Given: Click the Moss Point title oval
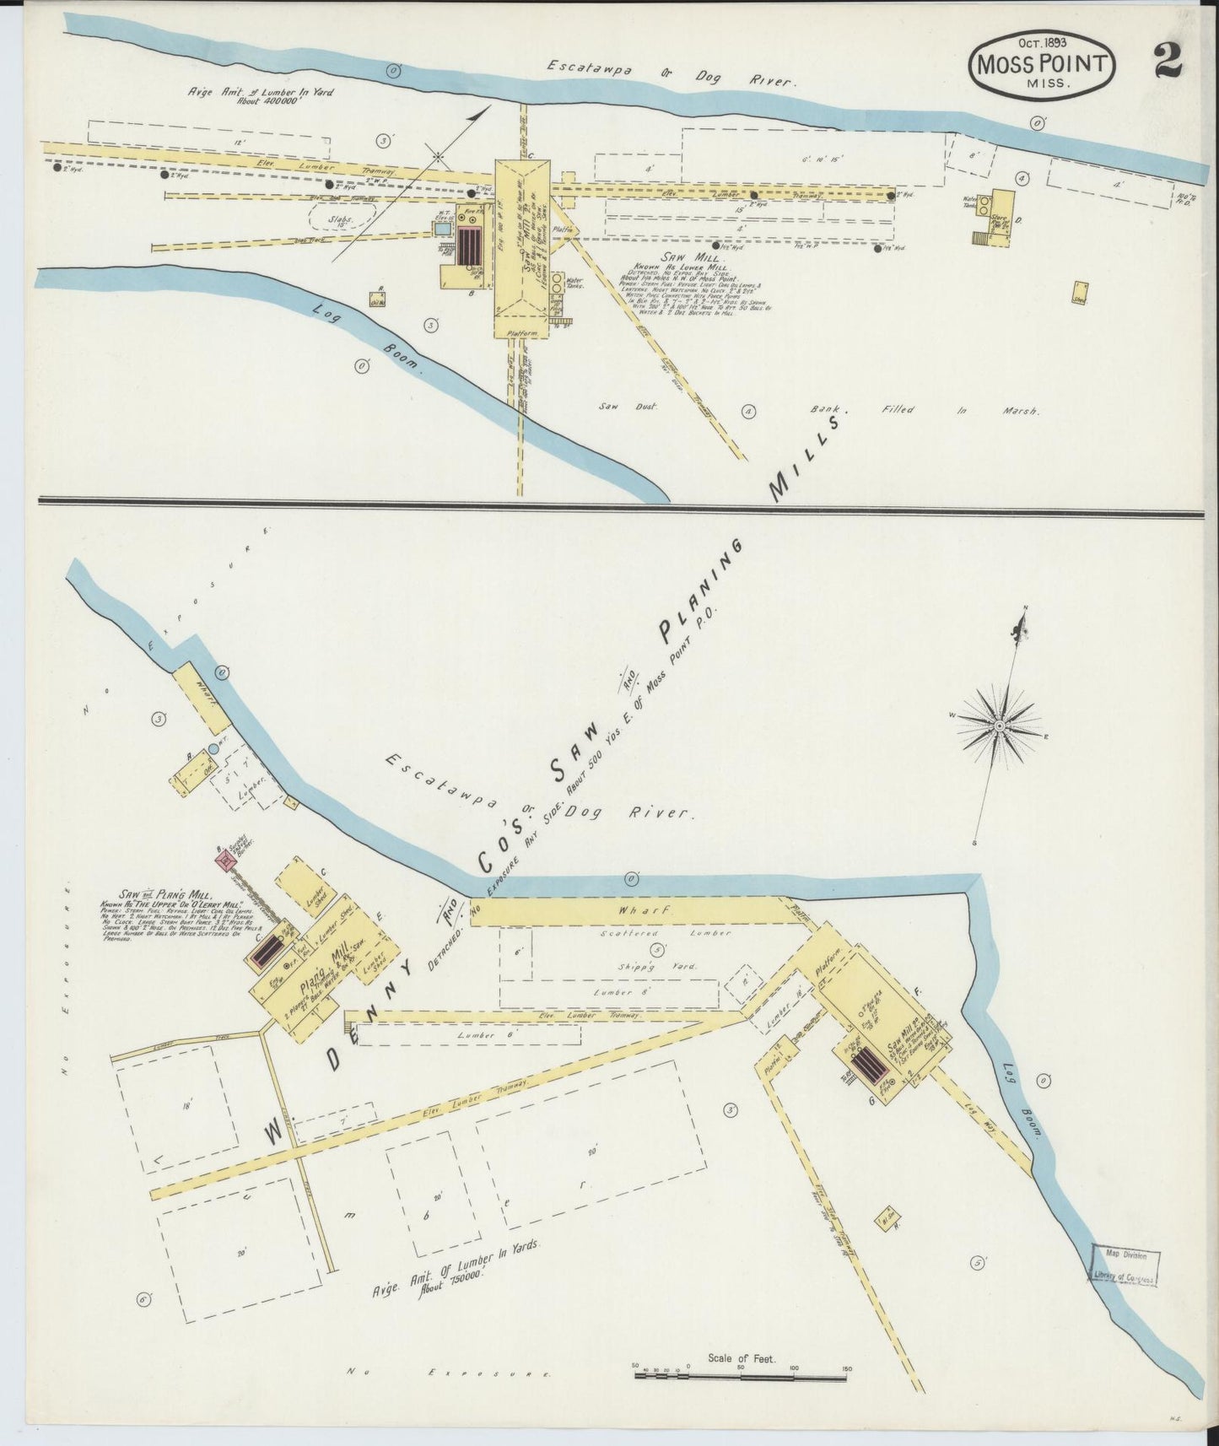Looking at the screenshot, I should point(1044,68).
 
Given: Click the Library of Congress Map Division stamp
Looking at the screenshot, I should point(1124,1265).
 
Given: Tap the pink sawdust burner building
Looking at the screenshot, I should point(224,861).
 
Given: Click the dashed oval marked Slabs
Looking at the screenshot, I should point(340,219).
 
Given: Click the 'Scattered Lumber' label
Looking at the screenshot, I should point(647,934).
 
